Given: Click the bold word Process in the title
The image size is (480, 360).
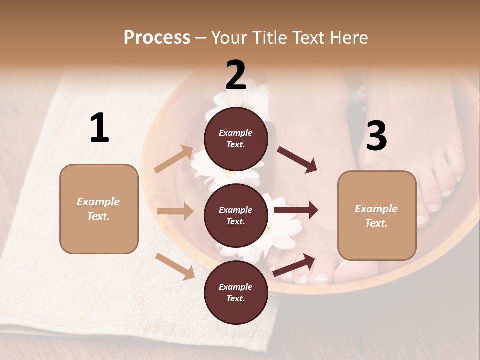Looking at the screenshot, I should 157,37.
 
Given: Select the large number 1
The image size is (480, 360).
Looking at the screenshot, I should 99,128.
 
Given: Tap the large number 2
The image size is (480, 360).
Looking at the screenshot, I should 236,75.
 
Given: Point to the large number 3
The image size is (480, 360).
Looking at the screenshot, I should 376,136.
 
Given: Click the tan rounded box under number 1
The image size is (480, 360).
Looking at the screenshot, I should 99,209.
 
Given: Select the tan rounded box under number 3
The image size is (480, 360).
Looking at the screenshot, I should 377,215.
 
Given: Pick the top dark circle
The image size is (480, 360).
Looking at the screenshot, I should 236,139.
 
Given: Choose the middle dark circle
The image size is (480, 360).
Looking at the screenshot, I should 236,215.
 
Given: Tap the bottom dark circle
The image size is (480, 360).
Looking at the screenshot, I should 236,292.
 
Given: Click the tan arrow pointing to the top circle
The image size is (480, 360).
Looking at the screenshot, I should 174,159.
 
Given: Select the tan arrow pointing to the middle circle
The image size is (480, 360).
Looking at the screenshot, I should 175,211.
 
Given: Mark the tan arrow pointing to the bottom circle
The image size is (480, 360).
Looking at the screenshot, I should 175,266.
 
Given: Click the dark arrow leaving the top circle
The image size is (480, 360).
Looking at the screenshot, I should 297,160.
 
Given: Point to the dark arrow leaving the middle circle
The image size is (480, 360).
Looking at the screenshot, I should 296,210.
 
